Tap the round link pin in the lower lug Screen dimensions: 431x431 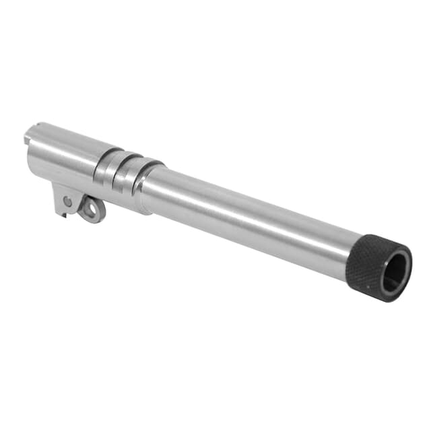point(67,201)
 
